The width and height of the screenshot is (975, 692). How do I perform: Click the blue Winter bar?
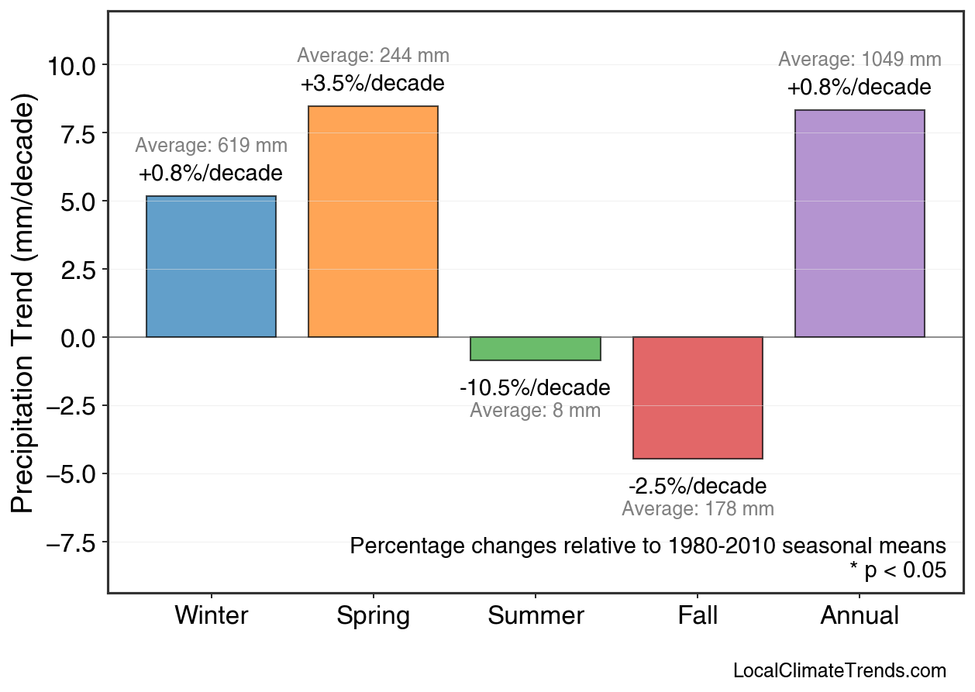(211, 267)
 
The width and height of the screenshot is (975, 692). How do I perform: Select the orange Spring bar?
(373, 222)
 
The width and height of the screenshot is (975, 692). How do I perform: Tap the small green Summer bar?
(535, 349)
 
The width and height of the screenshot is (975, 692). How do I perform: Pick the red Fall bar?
(698, 398)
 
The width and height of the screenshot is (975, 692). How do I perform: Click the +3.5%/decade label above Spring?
(373, 84)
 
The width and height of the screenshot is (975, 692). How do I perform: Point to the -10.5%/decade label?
(535, 387)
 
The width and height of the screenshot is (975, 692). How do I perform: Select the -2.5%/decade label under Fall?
(698, 487)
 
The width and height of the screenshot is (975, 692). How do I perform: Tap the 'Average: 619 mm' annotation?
(211, 146)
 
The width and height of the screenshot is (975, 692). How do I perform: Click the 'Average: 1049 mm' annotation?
(860, 60)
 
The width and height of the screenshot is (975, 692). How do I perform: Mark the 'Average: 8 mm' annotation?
(535, 411)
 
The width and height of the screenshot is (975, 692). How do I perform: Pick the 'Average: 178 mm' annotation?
(698, 509)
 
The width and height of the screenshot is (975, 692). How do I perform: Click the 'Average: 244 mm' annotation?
(373, 56)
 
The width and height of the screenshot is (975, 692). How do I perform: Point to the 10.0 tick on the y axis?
(71, 66)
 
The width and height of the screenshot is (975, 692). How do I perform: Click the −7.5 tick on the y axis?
(71, 543)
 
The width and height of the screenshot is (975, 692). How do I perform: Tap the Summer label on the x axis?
(535, 616)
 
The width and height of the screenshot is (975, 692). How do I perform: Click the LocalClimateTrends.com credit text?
(839, 671)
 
